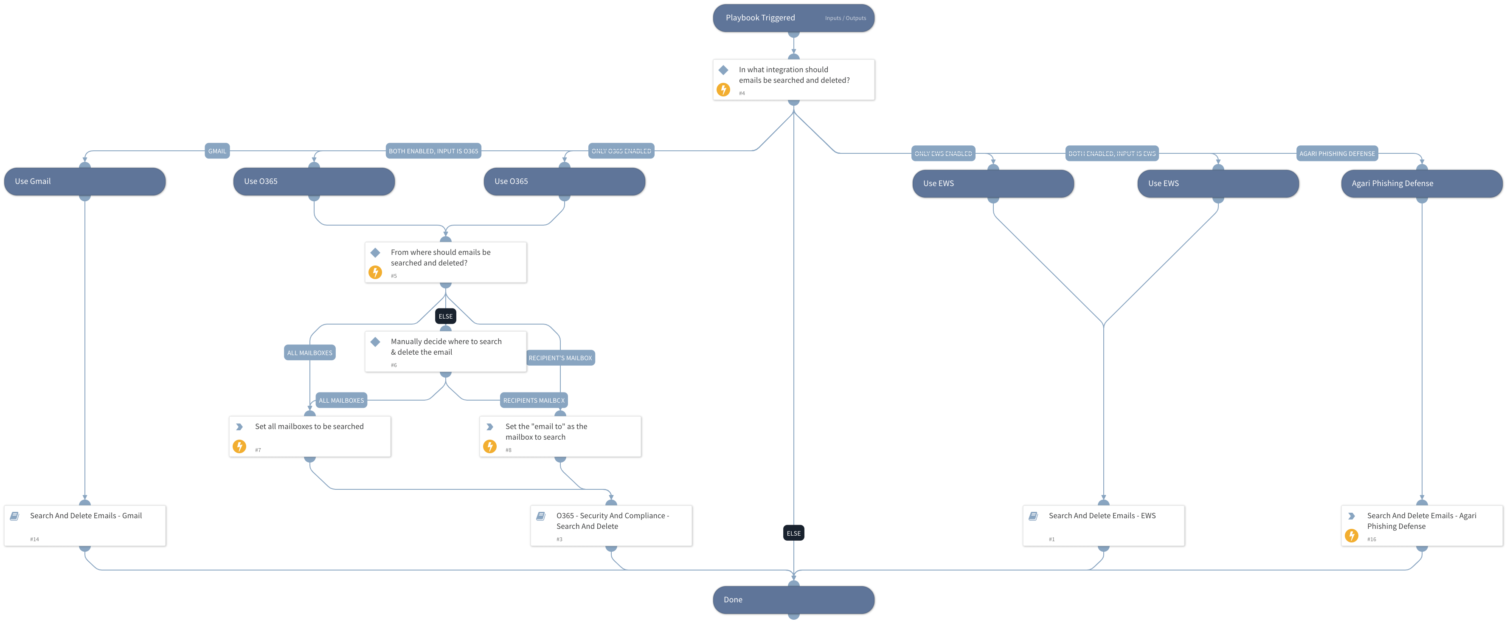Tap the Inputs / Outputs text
(x=845, y=18)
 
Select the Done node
(x=793, y=599)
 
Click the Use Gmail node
(x=85, y=181)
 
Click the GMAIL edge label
(x=217, y=151)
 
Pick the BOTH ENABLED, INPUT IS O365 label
(x=433, y=151)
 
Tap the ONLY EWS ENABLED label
(x=943, y=153)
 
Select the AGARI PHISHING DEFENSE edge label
(x=1337, y=153)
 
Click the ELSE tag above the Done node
(x=793, y=533)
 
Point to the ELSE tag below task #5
(x=445, y=316)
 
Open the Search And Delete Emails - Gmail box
(x=85, y=525)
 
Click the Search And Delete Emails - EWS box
(x=1103, y=525)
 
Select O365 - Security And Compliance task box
(x=611, y=525)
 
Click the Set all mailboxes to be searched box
(x=309, y=436)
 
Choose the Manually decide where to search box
(x=445, y=351)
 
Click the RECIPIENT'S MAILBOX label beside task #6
(x=560, y=358)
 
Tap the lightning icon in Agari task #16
(x=1351, y=536)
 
